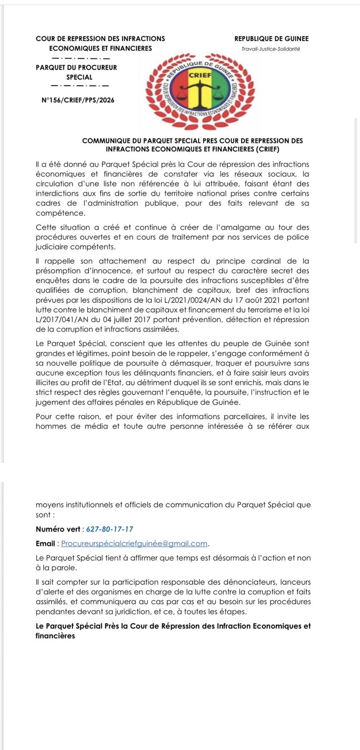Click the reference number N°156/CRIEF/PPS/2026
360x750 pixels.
pos(78,100)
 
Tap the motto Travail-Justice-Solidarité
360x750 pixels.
pos(271,49)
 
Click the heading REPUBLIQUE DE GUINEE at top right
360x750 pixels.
pos(271,39)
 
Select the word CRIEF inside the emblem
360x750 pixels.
pos(200,75)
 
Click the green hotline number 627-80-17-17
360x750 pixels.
pos(110,529)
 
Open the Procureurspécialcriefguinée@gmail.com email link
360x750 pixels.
pos(134,544)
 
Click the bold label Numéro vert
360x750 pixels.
pos(58,529)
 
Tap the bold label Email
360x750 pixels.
pos(45,544)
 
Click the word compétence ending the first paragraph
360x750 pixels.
pos(60,213)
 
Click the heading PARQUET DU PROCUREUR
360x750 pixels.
pos(76,68)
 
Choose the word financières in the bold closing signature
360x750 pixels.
pos(55,636)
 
